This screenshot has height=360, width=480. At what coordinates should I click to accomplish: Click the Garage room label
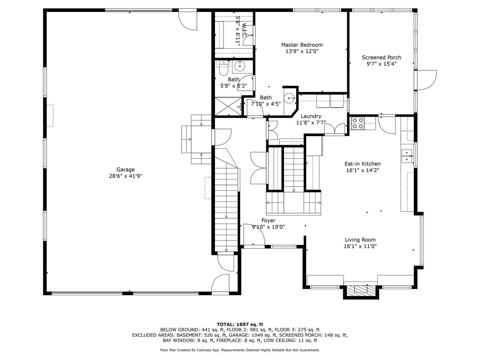coord(125,169)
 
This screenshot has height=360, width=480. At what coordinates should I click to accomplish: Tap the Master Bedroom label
coord(302,45)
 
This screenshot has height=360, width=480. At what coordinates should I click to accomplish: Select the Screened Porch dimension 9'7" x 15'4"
coord(381,64)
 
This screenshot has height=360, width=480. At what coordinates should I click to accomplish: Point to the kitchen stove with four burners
coord(357,123)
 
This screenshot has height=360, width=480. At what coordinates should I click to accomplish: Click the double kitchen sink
coord(407,156)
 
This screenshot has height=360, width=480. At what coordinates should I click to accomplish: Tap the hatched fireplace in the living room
coord(360,291)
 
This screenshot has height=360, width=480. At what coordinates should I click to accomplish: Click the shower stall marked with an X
coord(228,106)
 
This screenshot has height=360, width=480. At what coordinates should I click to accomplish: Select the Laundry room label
coord(311,116)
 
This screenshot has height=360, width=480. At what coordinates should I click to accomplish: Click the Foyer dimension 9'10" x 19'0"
coord(268,227)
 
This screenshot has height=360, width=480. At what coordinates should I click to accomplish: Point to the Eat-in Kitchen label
coord(362,164)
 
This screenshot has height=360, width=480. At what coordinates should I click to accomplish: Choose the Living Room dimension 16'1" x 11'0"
coord(360,246)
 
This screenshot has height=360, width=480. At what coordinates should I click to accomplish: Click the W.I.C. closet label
coord(245,30)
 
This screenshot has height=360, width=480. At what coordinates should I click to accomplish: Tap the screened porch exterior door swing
coord(427,80)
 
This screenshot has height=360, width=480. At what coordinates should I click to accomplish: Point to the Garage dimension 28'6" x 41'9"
coord(126,176)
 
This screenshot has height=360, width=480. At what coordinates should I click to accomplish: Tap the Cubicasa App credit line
coord(240,350)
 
